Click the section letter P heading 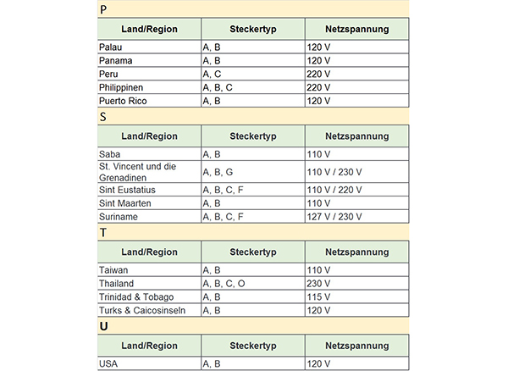click(102, 9)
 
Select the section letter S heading click(102, 117)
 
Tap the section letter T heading click(102, 232)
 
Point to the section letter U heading click(102, 325)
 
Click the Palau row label click(111, 47)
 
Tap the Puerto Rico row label click(123, 101)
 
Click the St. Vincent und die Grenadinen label click(137, 172)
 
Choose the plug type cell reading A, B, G click(218, 172)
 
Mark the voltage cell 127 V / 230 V click(334, 217)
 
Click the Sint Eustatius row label click(127, 190)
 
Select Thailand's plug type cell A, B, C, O click(224, 283)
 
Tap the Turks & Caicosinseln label click(141, 310)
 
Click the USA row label click(109, 363)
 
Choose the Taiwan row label click(113, 269)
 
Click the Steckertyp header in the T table click(252, 252)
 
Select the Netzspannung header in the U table click(356, 345)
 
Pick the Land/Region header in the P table click(149, 29)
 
